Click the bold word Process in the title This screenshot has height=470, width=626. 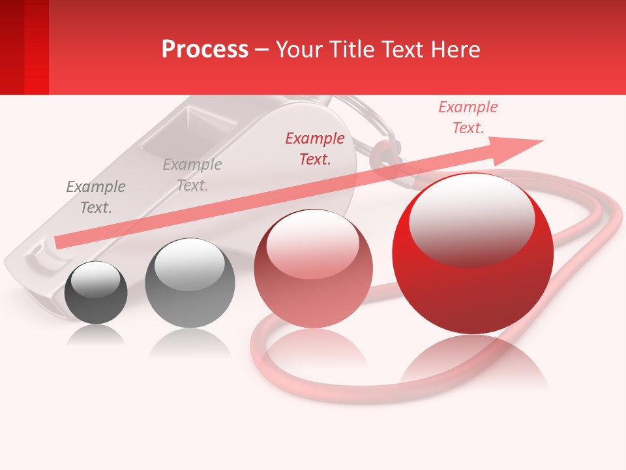[205, 49]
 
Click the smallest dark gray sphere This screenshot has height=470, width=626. [97, 292]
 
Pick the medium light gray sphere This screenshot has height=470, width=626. [190, 283]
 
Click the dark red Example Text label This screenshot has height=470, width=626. [315, 148]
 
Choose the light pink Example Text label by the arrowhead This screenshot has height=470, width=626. [468, 117]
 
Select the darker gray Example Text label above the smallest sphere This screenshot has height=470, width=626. [95, 197]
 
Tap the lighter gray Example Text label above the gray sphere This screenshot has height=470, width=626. [192, 175]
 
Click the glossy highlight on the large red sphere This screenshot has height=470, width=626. [471, 219]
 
